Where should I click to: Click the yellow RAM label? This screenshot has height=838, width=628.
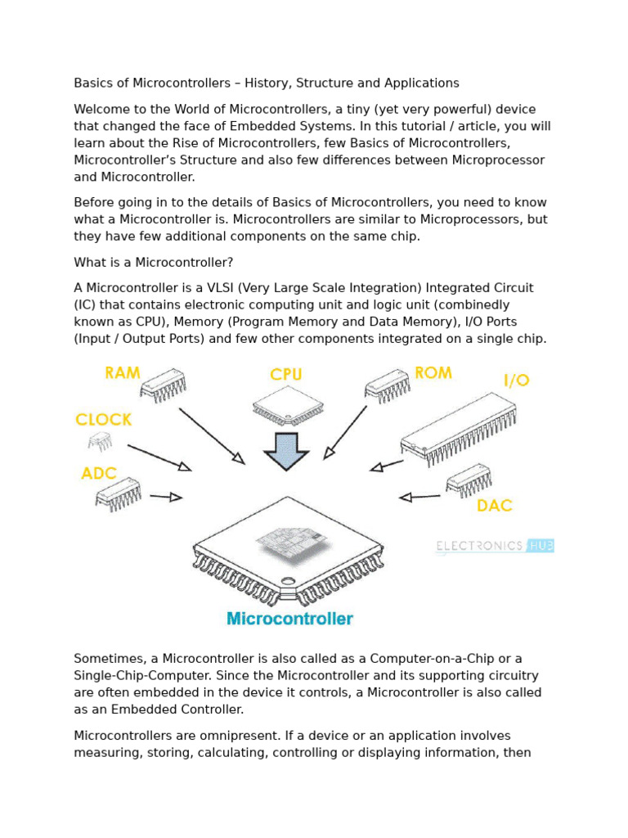(123, 373)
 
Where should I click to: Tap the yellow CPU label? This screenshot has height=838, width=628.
(286, 375)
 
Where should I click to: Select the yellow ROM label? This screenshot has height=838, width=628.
(433, 373)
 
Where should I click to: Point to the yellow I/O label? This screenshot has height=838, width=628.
(516, 381)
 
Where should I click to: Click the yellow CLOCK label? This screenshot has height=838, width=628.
(103, 420)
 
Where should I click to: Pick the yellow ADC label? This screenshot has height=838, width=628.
(99, 474)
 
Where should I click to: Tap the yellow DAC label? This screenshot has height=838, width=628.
(494, 506)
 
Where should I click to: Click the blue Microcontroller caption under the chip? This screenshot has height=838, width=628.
(289, 619)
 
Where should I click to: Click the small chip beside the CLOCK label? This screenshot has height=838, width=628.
(100, 443)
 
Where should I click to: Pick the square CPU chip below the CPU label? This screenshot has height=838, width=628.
(285, 403)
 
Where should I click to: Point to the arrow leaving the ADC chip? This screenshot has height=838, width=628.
(165, 497)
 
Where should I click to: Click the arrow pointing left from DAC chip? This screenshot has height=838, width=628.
(419, 496)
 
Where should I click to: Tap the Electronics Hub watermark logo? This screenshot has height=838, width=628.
(495, 546)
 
